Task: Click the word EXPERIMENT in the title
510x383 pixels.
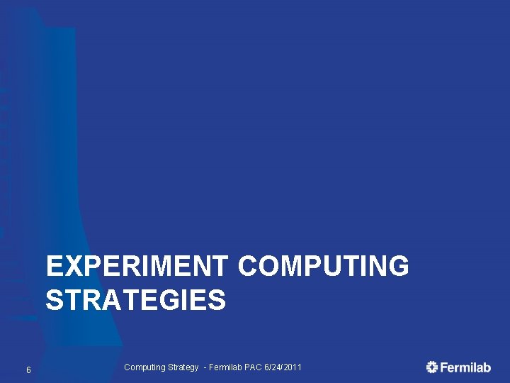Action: (x=137, y=267)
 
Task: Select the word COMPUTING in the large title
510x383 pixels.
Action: (x=323, y=267)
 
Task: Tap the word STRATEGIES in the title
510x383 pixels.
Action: (x=136, y=301)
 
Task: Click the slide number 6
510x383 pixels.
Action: (x=28, y=370)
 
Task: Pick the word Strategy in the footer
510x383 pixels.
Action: (x=183, y=367)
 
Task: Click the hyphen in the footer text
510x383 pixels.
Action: (x=205, y=367)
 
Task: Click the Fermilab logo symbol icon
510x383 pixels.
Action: (x=432, y=367)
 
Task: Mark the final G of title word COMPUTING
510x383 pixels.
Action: (x=398, y=267)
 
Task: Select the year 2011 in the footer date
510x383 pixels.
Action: (x=293, y=367)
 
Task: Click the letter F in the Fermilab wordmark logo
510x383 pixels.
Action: (x=444, y=367)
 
